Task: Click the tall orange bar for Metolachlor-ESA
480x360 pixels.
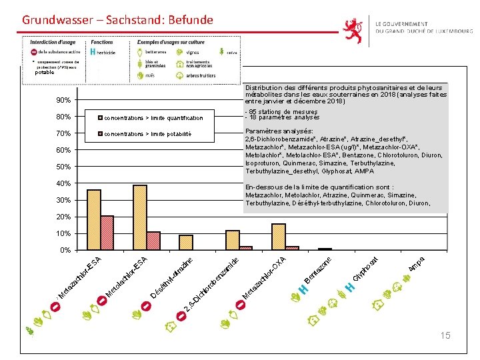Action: pos(140,217)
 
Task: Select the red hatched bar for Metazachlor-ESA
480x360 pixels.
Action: pos(107,233)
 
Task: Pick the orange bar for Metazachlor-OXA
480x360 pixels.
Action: pos(279,237)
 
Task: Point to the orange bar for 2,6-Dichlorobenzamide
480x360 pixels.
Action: pos(233,240)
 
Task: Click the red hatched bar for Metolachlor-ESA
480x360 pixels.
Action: pos(153,241)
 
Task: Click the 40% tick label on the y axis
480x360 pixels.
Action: pos(63,183)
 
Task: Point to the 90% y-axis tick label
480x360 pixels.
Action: pos(63,100)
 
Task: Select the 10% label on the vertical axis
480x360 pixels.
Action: pos(63,233)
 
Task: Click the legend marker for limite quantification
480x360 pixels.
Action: pos(100,118)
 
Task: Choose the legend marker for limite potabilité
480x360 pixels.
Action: pos(100,134)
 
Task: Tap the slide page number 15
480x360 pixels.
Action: pos(445,335)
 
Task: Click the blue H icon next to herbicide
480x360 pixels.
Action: pos(92,51)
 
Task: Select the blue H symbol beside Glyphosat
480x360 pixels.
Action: pos(348,287)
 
